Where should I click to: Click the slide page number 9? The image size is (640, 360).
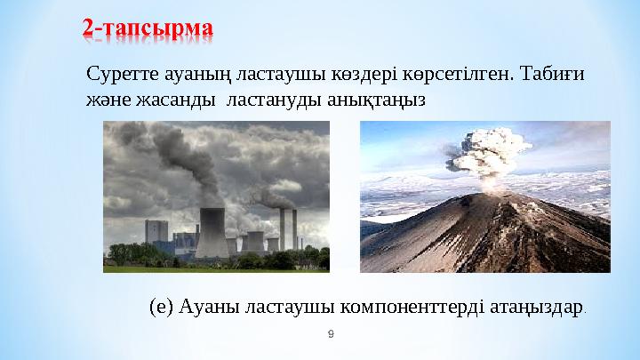[x=331, y=334]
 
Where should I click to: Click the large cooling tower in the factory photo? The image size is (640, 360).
[x=212, y=233]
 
